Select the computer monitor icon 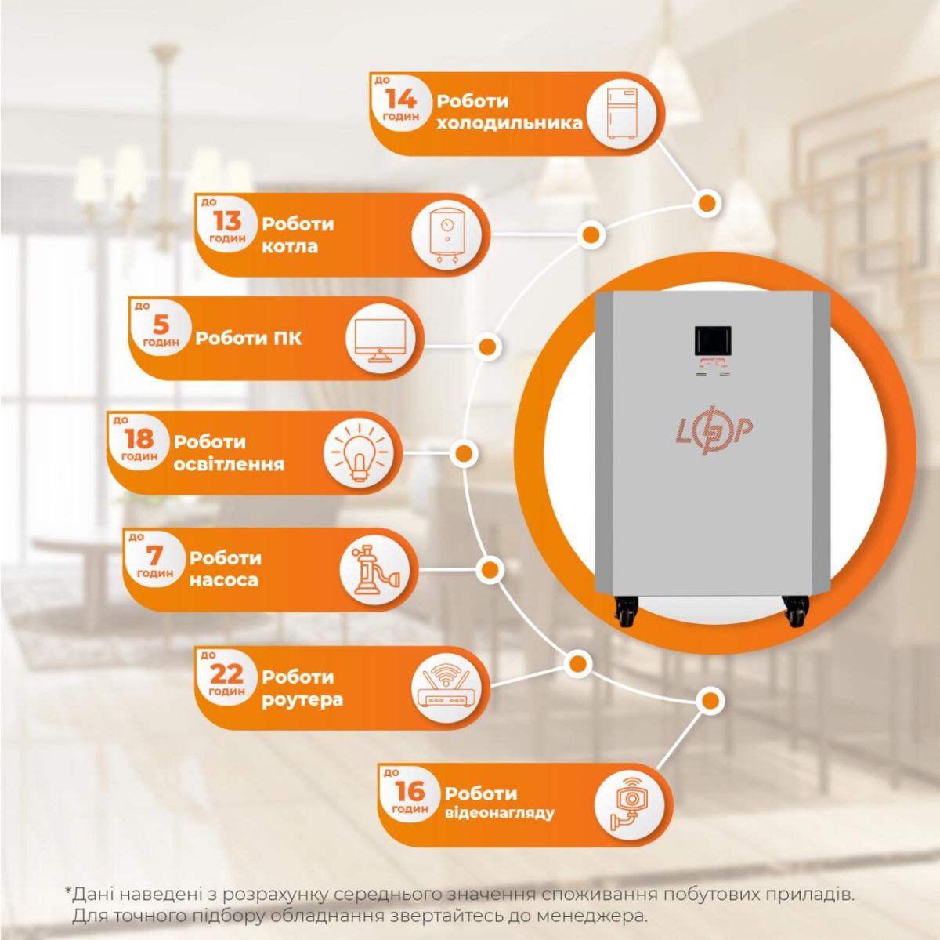380,339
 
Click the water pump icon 375,570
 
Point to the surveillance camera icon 629,804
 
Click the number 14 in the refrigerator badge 401,99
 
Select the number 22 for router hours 226,673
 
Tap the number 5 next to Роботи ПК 160,325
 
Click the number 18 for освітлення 139,439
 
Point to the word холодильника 509,123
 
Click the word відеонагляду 499,813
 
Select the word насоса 223,581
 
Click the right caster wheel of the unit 796,611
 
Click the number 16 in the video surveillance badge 410,791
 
